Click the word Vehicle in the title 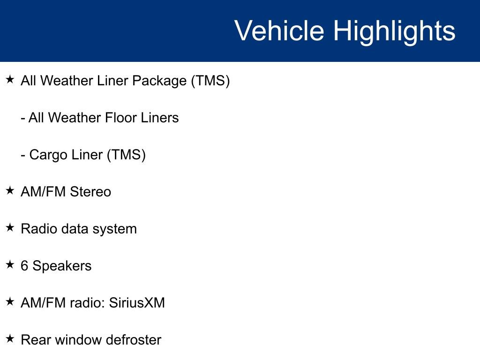tap(279, 31)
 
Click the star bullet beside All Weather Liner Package tap(10, 80)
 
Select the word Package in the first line tap(159, 81)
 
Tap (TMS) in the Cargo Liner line tap(127, 155)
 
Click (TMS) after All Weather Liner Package tap(210, 81)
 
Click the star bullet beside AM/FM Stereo tap(10, 191)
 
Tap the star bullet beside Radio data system tap(10, 228)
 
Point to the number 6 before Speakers tap(24, 266)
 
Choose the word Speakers tap(62, 266)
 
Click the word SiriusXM tap(137, 303)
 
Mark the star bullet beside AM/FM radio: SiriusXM tap(10, 302)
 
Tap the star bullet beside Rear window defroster tap(10, 339)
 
